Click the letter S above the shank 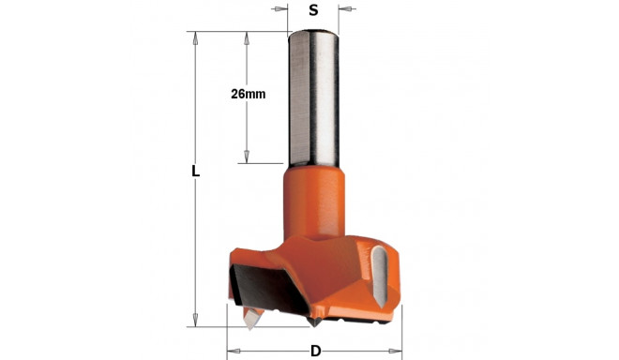313,10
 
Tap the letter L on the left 195,172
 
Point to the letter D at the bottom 315,352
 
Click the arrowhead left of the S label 282,10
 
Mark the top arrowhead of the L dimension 195,38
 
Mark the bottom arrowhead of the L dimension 195,321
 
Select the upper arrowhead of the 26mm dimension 246,38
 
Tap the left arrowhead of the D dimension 234,352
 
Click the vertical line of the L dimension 195,244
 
